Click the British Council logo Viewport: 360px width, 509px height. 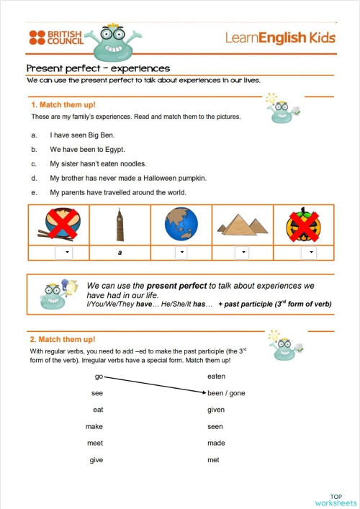pyautogui.click(x=55, y=37)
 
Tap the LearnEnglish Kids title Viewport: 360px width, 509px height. pyautogui.click(x=280, y=37)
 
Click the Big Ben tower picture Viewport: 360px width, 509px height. pyautogui.click(x=120, y=225)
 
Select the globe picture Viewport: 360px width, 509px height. pyautogui.click(x=181, y=224)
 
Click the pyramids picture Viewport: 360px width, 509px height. pyautogui.click(x=243, y=225)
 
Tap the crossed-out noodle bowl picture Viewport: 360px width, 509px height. pyautogui.click(x=58, y=224)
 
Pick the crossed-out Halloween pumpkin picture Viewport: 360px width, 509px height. pyautogui.click(x=302, y=224)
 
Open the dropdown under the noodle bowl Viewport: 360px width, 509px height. pyautogui.click(x=63, y=253)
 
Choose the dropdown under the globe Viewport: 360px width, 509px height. pyautogui.click(x=181, y=253)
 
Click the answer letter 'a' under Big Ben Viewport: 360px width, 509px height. pyautogui.click(x=120, y=253)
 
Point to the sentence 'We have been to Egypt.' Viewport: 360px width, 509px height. pyautogui.click(x=87, y=150)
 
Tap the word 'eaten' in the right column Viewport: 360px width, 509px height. pyautogui.click(x=216, y=377)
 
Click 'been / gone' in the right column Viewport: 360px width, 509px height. pyautogui.click(x=225, y=393)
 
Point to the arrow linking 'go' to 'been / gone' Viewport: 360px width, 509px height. pyautogui.click(x=154, y=385)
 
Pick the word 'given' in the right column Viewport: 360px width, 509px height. pyautogui.click(x=216, y=410)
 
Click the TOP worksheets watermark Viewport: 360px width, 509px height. pyautogui.click(x=336, y=499)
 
